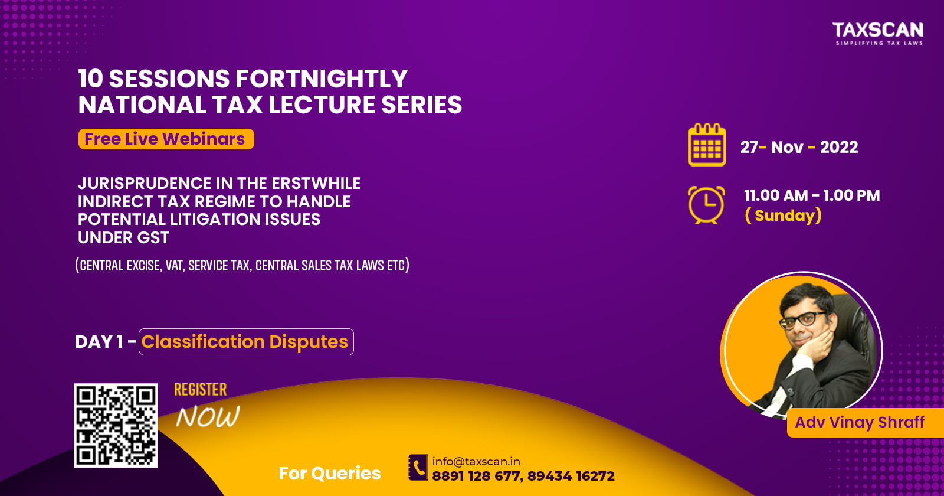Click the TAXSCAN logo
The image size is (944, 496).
tap(879, 33)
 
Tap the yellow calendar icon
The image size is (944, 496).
tap(707, 145)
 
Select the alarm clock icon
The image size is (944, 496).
tap(707, 205)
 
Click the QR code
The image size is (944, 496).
tap(116, 425)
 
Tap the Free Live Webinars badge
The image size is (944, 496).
tap(166, 139)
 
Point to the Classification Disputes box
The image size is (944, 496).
tap(246, 342)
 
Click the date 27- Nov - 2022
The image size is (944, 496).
tap(799, 147)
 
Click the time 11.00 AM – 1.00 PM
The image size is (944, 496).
tap(812, 195)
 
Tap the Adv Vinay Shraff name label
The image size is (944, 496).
tap(860, 422)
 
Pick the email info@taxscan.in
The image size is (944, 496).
tap(476, 461)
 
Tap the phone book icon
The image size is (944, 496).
tap(418, 467)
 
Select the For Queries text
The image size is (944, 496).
tap(330, 473)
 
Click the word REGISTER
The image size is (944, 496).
tap(201, 390)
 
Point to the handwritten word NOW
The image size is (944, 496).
tap(208, 417)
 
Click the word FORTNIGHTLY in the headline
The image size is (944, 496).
tap(322, 79)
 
